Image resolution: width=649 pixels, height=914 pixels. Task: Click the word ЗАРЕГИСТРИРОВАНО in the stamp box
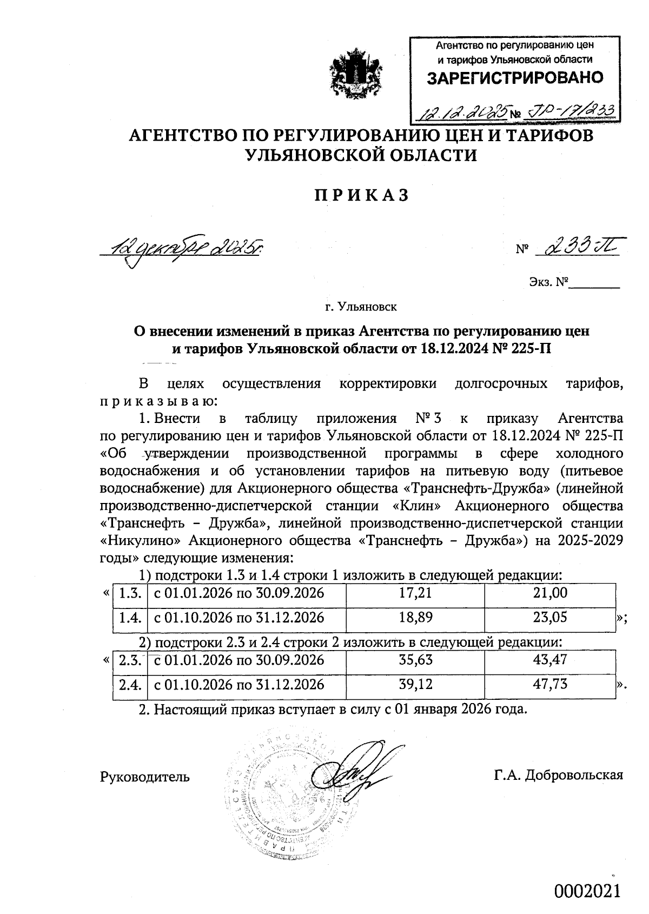[x=515, y=78]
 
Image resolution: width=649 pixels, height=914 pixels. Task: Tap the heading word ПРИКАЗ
[x=361, y=195]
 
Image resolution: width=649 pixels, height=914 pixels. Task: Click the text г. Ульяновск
[x=361, y=307]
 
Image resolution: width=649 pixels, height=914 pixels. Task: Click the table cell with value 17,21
[x=415, y=593]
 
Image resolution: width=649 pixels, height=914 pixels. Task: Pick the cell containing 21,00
[x=550, y=593]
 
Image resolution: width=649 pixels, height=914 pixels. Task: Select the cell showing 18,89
[x=415, y=618]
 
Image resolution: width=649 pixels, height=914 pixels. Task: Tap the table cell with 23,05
[x=550, y=618]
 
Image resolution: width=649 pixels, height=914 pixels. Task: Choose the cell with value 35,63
[x=415, y=660]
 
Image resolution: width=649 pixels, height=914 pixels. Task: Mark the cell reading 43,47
[x=550, y=660]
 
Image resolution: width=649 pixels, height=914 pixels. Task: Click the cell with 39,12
[x=415, y=685]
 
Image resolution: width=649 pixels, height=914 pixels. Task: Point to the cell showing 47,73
[x=550, y=685]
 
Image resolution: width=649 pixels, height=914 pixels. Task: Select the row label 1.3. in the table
[x=130, y=593]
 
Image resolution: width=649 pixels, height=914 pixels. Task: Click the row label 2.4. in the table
[x=130, y=685]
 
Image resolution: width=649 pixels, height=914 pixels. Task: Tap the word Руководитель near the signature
[x=145, y=777]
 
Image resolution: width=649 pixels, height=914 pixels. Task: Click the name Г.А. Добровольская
[x=558, y=775]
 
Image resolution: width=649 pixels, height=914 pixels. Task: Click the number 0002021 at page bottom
[x=586, y=891]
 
